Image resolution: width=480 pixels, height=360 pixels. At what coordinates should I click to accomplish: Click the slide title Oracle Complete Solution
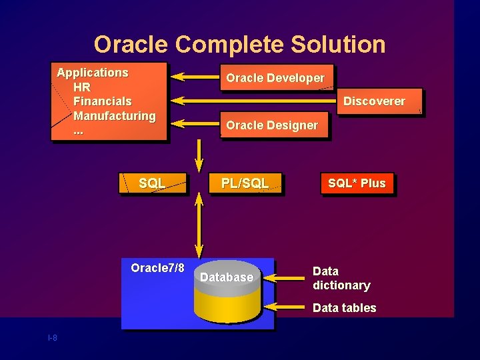239,44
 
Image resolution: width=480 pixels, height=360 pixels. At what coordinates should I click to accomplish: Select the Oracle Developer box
275,78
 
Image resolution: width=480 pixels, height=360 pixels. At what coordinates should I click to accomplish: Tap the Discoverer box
374,101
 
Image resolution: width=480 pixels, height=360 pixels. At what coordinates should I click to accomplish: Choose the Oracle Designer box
272,125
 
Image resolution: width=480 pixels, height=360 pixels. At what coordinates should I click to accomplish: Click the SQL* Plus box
357,183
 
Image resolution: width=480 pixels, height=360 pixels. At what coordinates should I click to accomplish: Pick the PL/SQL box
245,183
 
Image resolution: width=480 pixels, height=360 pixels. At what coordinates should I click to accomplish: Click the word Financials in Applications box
102,101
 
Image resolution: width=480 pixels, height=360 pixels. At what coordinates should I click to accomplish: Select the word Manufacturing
114,116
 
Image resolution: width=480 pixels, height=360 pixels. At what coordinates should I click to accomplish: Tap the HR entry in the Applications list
82,87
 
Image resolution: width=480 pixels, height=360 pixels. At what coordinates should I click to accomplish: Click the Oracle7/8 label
157,268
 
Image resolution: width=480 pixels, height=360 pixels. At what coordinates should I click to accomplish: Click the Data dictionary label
341,278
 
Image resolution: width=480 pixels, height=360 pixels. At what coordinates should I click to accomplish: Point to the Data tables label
344,308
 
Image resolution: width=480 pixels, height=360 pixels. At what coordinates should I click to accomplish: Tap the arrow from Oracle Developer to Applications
194,78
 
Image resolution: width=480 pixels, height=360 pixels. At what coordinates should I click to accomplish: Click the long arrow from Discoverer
253,101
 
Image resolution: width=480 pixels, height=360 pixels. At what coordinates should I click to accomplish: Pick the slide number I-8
53,338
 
